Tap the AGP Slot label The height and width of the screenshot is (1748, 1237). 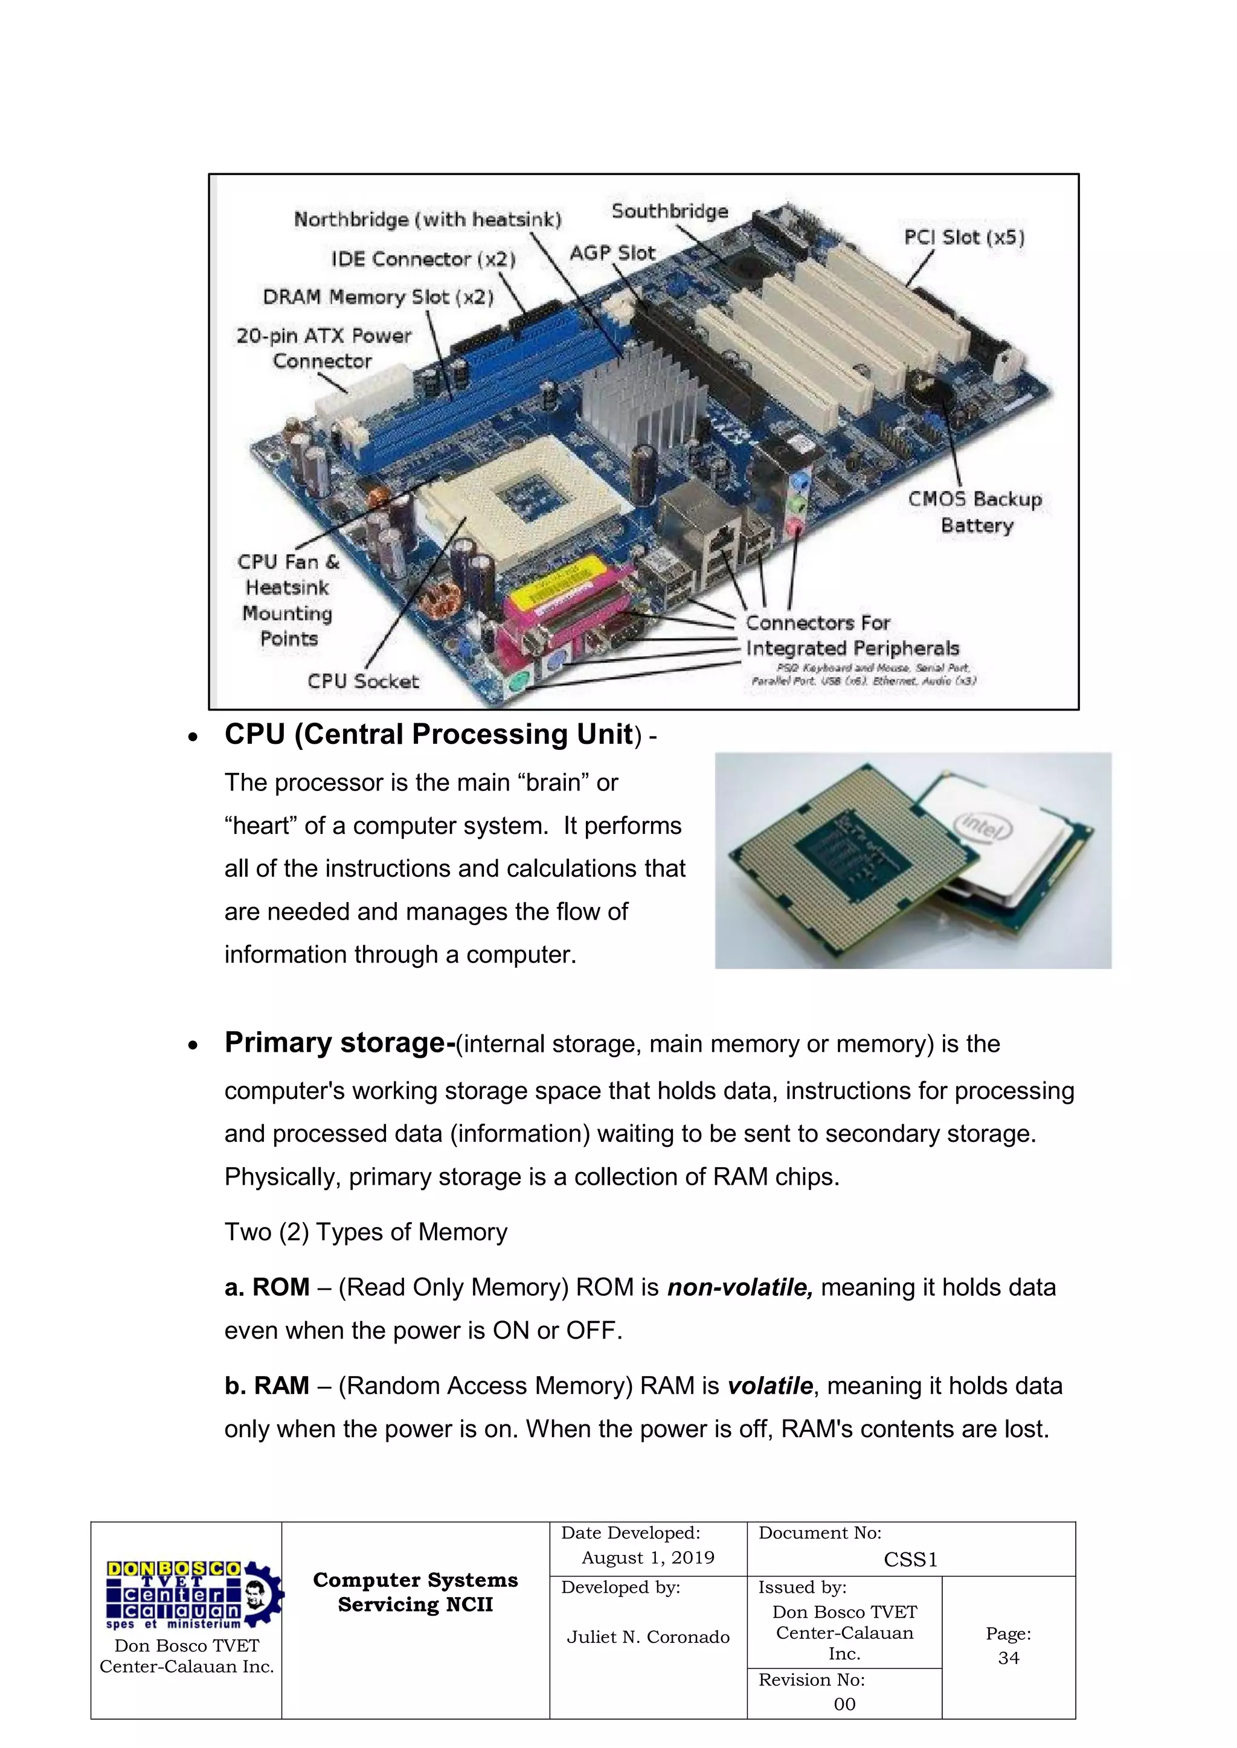click(612, 253)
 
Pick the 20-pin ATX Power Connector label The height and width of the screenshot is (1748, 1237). click(323, 348)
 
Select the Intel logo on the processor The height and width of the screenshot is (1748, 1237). click(984, 827)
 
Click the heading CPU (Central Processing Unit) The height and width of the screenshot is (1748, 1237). click(429, 735)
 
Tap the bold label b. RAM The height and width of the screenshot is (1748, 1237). click(266, 1386)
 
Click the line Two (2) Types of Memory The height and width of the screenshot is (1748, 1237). click(365, 1232)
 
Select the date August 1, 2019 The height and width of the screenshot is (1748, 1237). click(647, 1558)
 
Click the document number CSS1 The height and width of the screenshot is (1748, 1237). click(910, 1560)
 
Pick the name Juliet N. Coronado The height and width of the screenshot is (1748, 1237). click(647, 1637)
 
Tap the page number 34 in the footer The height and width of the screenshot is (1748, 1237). click(1009, 1657)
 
